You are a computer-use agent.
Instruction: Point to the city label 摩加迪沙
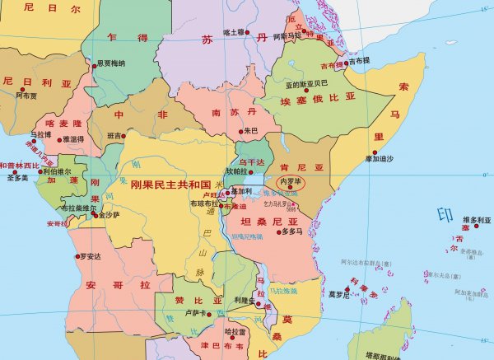tap(379, 158)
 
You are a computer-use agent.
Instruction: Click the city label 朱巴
tap(251, 130)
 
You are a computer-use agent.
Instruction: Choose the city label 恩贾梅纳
tap(110, 63)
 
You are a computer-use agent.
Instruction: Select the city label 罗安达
tap(89, 257)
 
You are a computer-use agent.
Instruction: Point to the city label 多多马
tap(292, 232)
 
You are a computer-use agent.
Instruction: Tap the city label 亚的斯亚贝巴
tap(306, 83)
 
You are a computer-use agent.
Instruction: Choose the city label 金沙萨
tap(110, 215)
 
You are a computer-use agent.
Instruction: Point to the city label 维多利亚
tap(476, 220)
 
